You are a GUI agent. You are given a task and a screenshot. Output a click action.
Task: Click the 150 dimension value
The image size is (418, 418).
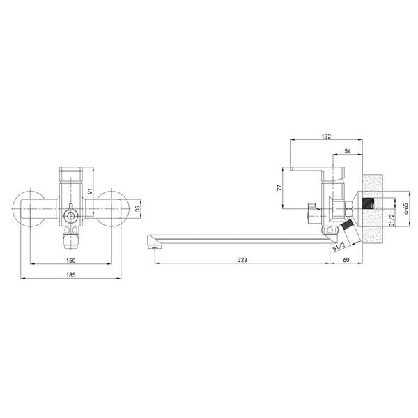pyautogui.click(x=70, y=260)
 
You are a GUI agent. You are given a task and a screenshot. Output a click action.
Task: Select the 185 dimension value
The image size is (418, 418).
pyautogui.click(x=70, y=275)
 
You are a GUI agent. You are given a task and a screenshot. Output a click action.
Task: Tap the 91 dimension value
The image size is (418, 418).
pyautogui.click(x=90, y=191)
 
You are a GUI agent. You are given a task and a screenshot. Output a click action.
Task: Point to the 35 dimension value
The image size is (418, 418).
pyautogui.click(x=137, y=208)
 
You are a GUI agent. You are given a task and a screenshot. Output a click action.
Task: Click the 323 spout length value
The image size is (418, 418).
pyautogui.click(x=242, y=260)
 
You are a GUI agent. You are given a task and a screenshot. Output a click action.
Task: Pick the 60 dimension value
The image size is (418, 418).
pyautogui.click(x=346, y=260)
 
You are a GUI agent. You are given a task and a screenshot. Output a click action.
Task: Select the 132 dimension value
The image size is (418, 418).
pyautogui.click(x=326, y=137)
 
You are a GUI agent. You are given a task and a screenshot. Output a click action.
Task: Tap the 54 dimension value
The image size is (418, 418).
pyautogui.click(x=348, y=151)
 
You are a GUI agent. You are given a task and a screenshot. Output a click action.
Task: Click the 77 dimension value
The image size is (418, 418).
pyautogui.click(x=279, y=187)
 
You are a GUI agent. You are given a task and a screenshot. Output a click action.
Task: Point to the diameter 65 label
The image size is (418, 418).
pyautogui.click(x=405, y=208)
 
